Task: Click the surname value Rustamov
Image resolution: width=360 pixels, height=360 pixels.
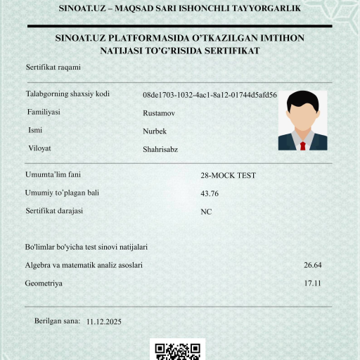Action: (159, 112)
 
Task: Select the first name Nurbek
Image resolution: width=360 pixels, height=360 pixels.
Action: (155, 131)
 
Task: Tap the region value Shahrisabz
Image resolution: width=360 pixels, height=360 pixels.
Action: (160, 149)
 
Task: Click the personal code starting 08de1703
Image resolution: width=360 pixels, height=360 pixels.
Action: (210, 94)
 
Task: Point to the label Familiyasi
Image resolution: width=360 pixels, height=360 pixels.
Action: (44, 112)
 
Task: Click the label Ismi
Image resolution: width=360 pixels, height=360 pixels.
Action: (34, 130)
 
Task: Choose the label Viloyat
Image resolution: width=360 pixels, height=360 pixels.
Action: (39, 148)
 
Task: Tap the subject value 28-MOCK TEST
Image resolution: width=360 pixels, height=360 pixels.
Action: (229, 175)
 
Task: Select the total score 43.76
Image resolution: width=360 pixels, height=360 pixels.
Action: (210, 193)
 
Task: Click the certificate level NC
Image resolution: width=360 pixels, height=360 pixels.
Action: (206, 212)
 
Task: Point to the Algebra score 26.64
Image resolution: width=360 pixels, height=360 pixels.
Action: (312, 265)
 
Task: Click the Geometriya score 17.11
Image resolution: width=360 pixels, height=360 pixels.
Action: (312, 283)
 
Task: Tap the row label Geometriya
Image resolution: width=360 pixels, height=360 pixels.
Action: (44, 283)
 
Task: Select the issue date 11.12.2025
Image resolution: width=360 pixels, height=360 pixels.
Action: (104, 321)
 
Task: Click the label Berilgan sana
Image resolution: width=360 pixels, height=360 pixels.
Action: (57, 321)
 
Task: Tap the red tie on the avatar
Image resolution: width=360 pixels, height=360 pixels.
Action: (302, 145)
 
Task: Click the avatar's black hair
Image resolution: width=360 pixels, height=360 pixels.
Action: (302, 99)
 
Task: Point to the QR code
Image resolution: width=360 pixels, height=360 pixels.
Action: (177, 350)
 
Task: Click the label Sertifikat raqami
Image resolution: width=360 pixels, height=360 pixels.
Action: (53, 67)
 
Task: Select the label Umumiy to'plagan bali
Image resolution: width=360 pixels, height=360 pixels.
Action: (63, 193)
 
